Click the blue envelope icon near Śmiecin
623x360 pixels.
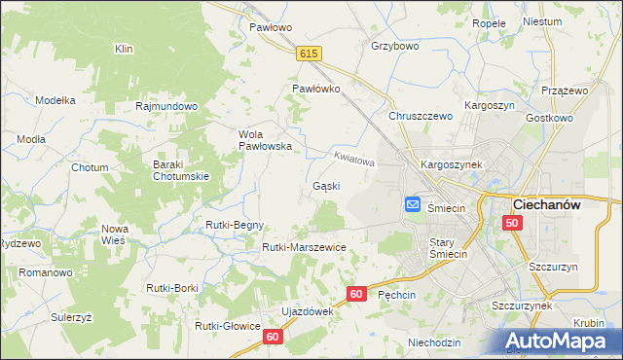pos(412,205)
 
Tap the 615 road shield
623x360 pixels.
pos(310,57)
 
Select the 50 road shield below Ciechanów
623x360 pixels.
pos(513,224)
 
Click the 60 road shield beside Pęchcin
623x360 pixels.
pos(357,293)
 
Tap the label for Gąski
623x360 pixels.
pos(326,186)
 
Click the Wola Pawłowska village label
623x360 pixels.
pos(260,140)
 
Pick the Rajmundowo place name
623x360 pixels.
pos(167,106)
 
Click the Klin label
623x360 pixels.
pos(124,49)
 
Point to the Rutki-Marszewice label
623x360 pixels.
pos(304,247)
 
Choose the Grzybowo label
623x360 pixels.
pos(394,46)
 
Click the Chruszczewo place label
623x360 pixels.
pos(421,116)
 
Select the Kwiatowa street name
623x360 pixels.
pos(353,158)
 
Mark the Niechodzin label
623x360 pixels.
pos(434,342)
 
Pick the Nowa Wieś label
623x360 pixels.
pos(115,234)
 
